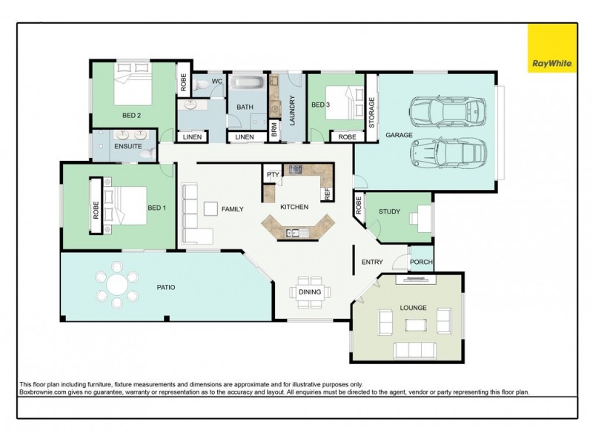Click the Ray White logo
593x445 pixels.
coord(552,48)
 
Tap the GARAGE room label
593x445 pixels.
coord(399,135)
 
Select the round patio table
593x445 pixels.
coord(117,284)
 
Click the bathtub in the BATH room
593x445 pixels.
coord(248,82)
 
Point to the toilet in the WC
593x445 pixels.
coord(199,85)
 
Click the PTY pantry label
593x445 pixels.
coord(273,174)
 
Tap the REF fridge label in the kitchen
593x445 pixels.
coord(328,194)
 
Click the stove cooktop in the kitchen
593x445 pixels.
coord(296,169)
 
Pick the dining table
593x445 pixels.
coord(310,292)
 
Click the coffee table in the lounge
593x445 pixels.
coord(416,325)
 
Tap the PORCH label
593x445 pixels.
coord(421,262)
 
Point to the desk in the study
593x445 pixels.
coord(424,218)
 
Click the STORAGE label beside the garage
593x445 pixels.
coord(371,113)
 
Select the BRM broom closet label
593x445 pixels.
coord(274,130)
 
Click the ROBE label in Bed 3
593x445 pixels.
coord(347,137)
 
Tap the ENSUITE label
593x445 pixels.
coord(128,146)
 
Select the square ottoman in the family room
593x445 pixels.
coord(211,209)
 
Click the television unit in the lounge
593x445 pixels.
coord(416,280)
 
